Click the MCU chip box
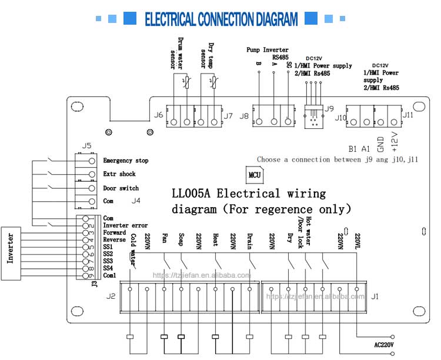pos(255,175)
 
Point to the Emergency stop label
pos(125,161)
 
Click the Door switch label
pos(121,188)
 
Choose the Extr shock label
pos(119,174)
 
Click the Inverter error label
pos(125,225)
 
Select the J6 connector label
pos(158,115)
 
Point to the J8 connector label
pos(245,116)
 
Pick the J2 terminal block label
pos(111,295)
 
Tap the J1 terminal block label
pos(375,295)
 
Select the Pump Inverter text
pos(268,51)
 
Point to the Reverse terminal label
pos(113,239)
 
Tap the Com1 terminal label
pos(109,275)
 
